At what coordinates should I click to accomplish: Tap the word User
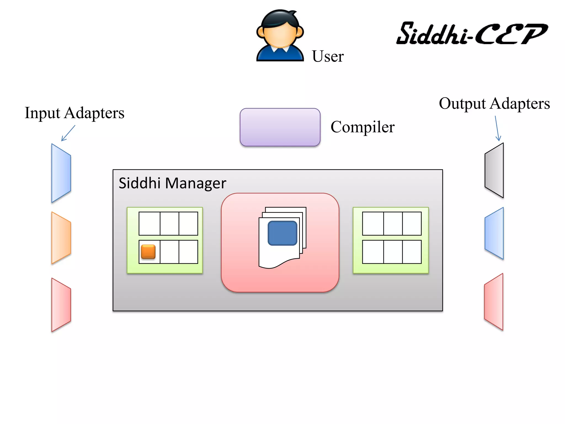(x=328, y=56)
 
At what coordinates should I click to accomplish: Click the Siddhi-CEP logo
(x=472, y=34)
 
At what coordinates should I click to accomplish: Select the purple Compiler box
(x=280, y=127)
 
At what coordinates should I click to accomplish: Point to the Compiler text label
(x=363, y=127)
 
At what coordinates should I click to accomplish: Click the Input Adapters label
(x=74, y=113)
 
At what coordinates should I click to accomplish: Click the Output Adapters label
(x=494, y=104)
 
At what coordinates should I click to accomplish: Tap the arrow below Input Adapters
(x=68, y=133)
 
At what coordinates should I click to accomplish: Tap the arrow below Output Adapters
(x=497, y=128)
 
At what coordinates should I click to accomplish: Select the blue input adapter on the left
(x=61, y=173)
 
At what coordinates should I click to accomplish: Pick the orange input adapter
(x=61, y=238)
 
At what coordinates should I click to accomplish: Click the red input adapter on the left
(x=61, y=304)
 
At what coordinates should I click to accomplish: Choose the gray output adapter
(x=494, y=170)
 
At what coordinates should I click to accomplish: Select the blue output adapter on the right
(x=494, y=233)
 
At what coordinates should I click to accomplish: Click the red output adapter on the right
(x=494, y=302)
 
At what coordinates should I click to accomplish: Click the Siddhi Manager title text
(x=172, y=183)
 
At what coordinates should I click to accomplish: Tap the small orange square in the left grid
(x=148, y=252)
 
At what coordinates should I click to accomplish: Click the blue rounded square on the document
(x=282, y=233)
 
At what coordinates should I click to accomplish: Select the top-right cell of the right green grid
(x=412, y=224)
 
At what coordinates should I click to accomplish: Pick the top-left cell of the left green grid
(x=149, y=224)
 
